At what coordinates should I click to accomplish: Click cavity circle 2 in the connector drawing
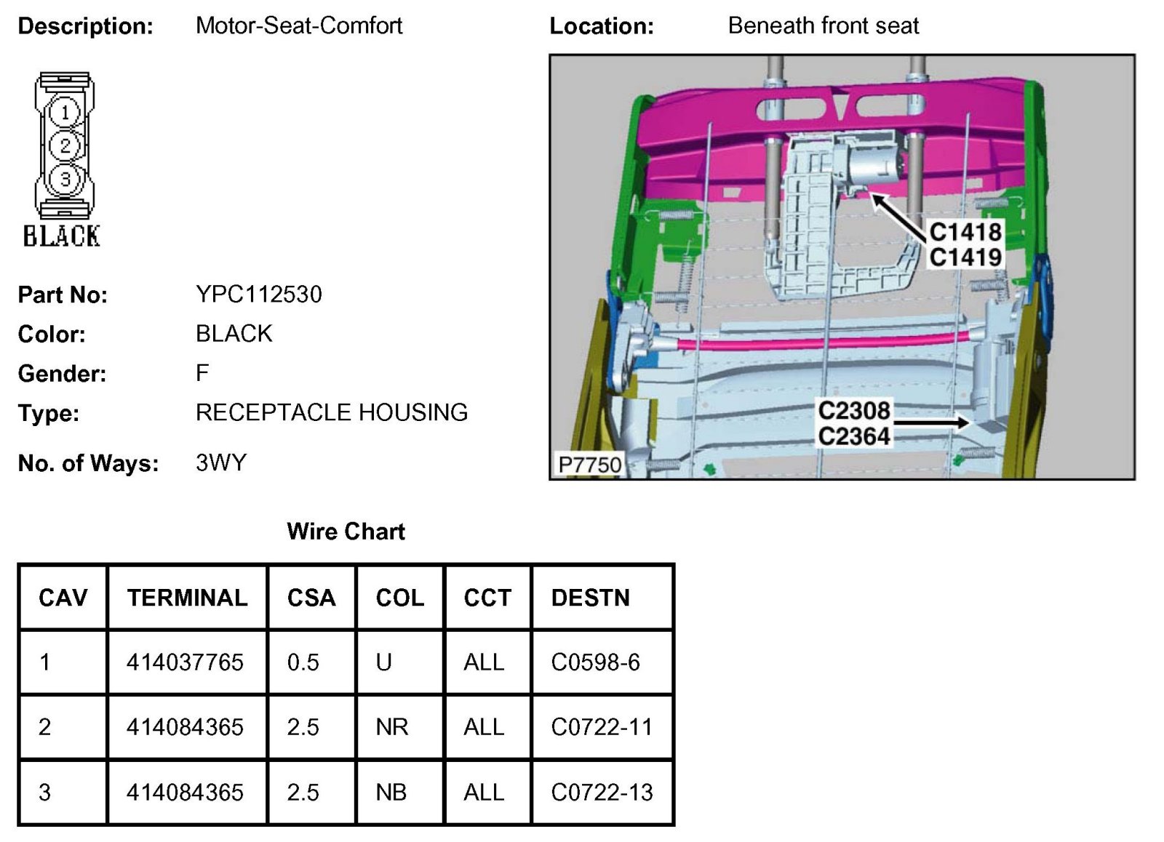[65, 145]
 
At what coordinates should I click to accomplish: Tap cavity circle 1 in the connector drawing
[65, 112]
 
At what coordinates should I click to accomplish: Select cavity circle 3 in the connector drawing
[65, 179]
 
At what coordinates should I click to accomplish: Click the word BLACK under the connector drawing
[61, 236]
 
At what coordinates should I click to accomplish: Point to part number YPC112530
[258, 294]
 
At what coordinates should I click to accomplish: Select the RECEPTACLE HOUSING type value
[331, 412]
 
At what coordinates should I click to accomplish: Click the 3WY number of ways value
[221, 462]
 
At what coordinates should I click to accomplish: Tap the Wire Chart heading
[346, 532]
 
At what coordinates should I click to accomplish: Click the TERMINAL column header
[187, 598]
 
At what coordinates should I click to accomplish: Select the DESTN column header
[590, 598]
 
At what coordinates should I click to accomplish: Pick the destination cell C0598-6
[595, 662]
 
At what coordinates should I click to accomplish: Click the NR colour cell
[391, 727]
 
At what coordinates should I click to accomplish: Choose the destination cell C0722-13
[602, 792]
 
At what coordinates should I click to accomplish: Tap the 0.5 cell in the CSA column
[303, 662]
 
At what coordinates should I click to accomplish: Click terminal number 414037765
[185, 662]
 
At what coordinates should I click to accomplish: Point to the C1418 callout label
[965, 232]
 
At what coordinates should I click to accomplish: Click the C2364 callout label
[854, 436]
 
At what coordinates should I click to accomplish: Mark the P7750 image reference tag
[589, 464]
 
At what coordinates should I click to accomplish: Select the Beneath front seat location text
[823, 26]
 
